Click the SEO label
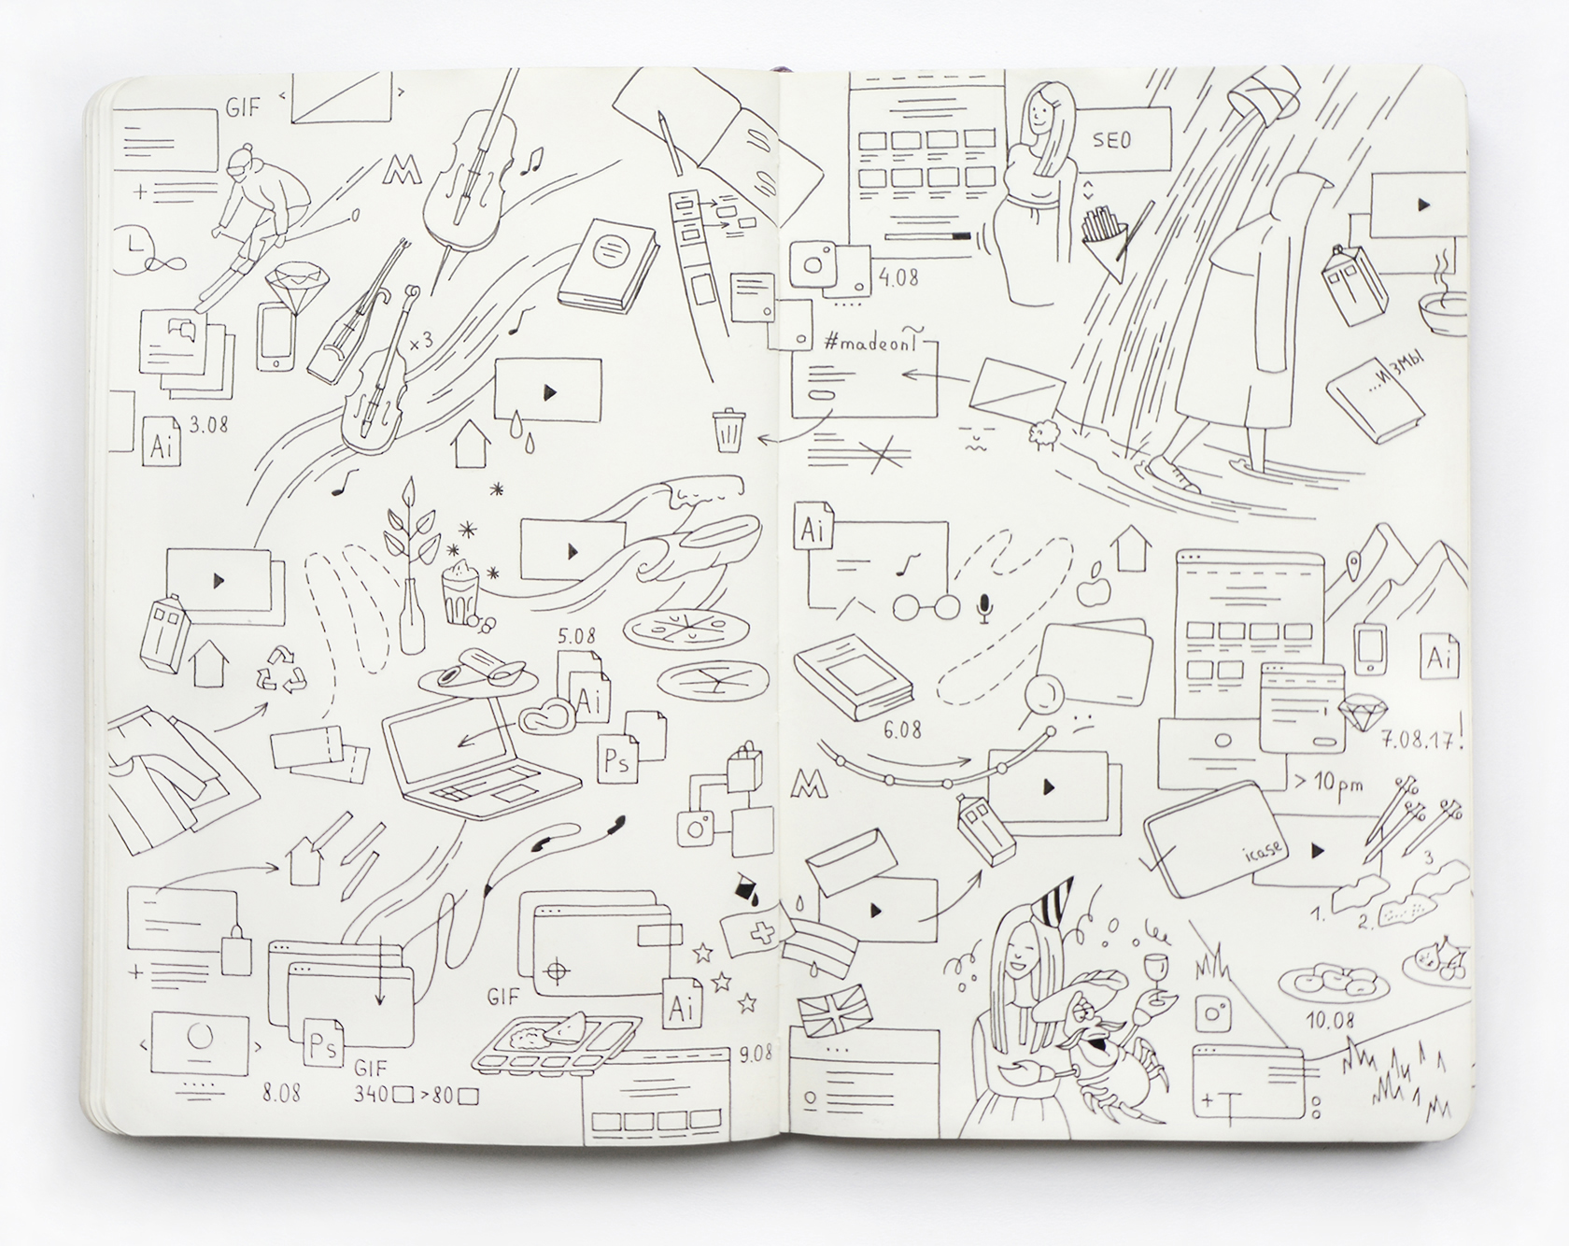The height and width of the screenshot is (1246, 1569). [1111, 139]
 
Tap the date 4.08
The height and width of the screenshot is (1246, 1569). [897, 277]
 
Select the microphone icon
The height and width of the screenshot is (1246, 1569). [982, 608]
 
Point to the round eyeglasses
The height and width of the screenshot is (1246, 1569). [925, 608]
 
